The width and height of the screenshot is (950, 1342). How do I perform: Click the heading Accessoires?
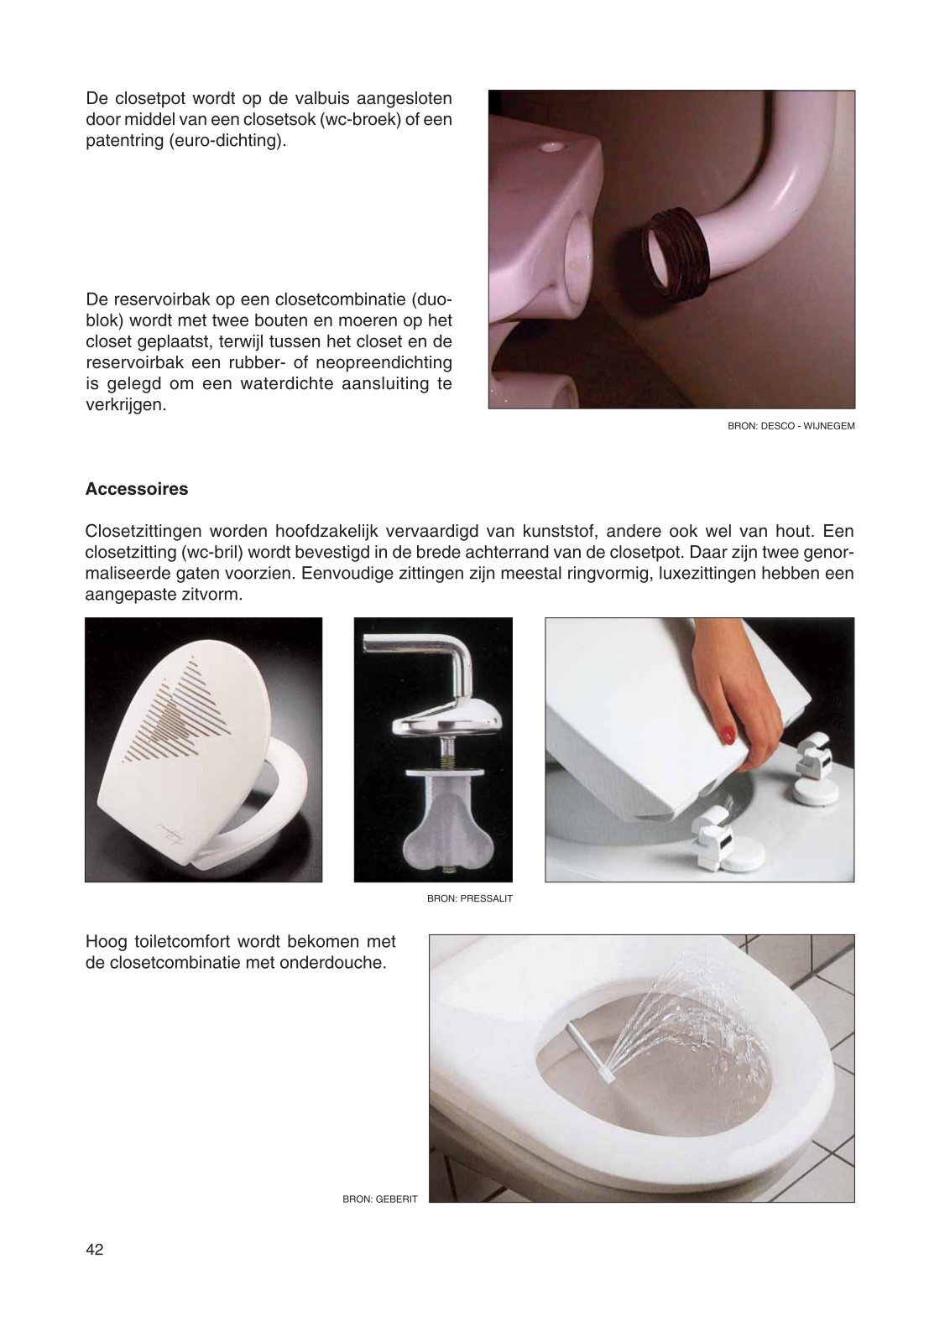click(x=137, y=489)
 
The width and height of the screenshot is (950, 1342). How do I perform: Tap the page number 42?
click(x=95, y=1249)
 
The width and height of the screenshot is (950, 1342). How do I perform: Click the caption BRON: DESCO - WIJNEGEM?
click(x=791, y=426)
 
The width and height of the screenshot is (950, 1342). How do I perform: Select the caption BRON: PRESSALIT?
click(x=470, y=898)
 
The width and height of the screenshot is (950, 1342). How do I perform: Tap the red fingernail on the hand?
click(x=727, y=733)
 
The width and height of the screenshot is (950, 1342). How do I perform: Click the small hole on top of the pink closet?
click(x=551, y=146)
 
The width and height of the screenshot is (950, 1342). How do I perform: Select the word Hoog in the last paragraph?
click(x=107, y=942)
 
